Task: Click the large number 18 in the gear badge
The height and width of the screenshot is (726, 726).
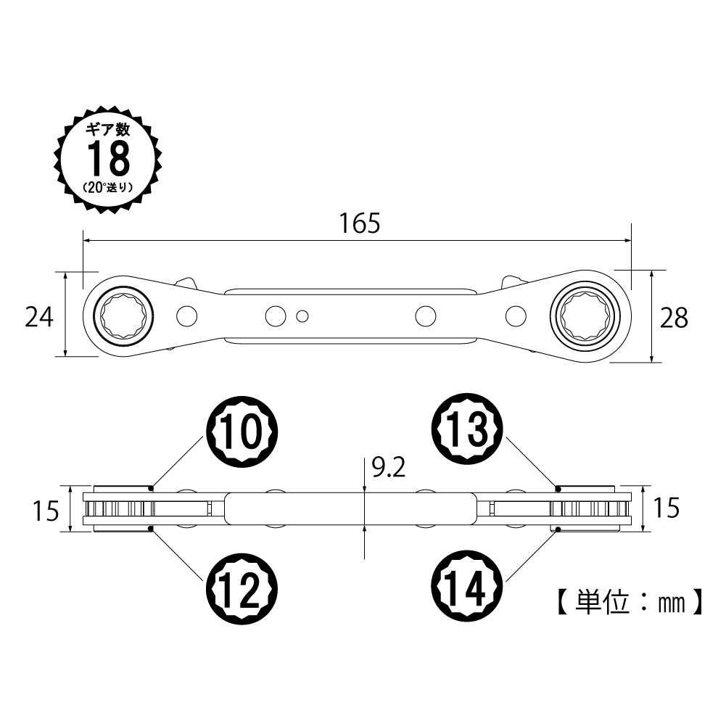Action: [x=108, y=157]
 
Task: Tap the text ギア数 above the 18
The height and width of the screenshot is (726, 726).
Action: [x=108, y=131]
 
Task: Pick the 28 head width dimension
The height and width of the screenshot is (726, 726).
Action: [x=674, y=317]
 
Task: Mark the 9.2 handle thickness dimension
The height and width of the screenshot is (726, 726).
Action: [x=387, y=468]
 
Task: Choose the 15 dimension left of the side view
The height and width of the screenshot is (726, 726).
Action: [x=45, y=511]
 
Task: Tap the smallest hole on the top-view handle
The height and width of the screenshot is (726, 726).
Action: [x=303, y=315]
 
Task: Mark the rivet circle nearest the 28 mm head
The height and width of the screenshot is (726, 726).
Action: [x=516, y=315]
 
